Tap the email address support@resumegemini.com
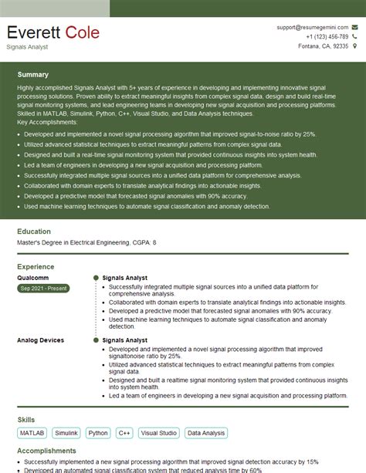pos(316,27)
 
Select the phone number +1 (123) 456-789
pos(327,36)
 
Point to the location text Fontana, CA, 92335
pos(324,46)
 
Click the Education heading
pos(34,231)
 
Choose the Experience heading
pos(36,266)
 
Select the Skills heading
pos(25,420)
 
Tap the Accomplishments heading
pos(47,451)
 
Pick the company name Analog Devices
pos(40,340)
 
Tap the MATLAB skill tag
pos(32,434)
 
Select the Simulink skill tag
pos(67,434)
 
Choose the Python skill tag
pos(98,434)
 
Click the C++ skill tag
pos(124,434)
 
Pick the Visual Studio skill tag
pos(159,434)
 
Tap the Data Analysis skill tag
pos(205,434)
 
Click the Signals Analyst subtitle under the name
pos(27,47)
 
